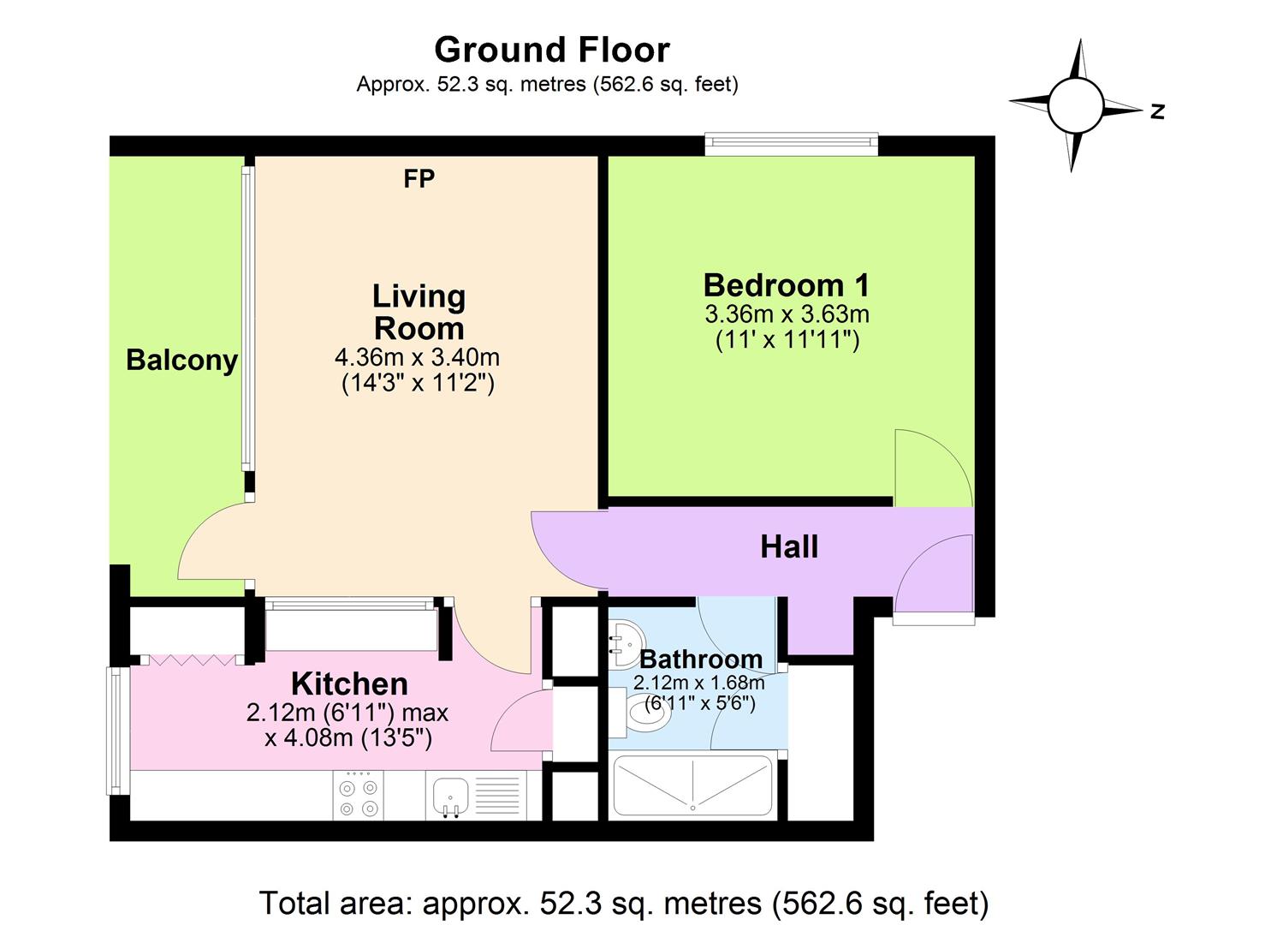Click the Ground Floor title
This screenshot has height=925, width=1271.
[x=551, y=50]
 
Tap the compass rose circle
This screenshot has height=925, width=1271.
[x=1075, y=104]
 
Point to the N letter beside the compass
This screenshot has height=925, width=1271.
[x=1157, y=110]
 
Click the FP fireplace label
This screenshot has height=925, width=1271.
[x=419, y=178]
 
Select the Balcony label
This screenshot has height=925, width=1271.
[x=181, y=360]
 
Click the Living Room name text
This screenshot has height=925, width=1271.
[x=419, y=312]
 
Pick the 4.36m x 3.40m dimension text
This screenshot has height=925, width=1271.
[x=417, y=357]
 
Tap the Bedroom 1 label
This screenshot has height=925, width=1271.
[x=786, y=284]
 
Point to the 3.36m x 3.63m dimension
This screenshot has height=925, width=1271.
[x=787, y=313]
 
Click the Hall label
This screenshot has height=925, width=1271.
[x=789, y=546]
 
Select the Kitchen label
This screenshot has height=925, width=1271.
[x=349, y=683]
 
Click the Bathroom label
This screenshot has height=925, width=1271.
[x=700, y=659]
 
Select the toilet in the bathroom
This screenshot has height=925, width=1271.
[x=642, y=713]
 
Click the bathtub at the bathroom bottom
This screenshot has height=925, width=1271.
[x=692, y=786]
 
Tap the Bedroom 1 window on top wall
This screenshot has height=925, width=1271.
[x=791, y=144]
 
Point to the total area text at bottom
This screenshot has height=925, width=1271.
[x=623, y=903]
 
